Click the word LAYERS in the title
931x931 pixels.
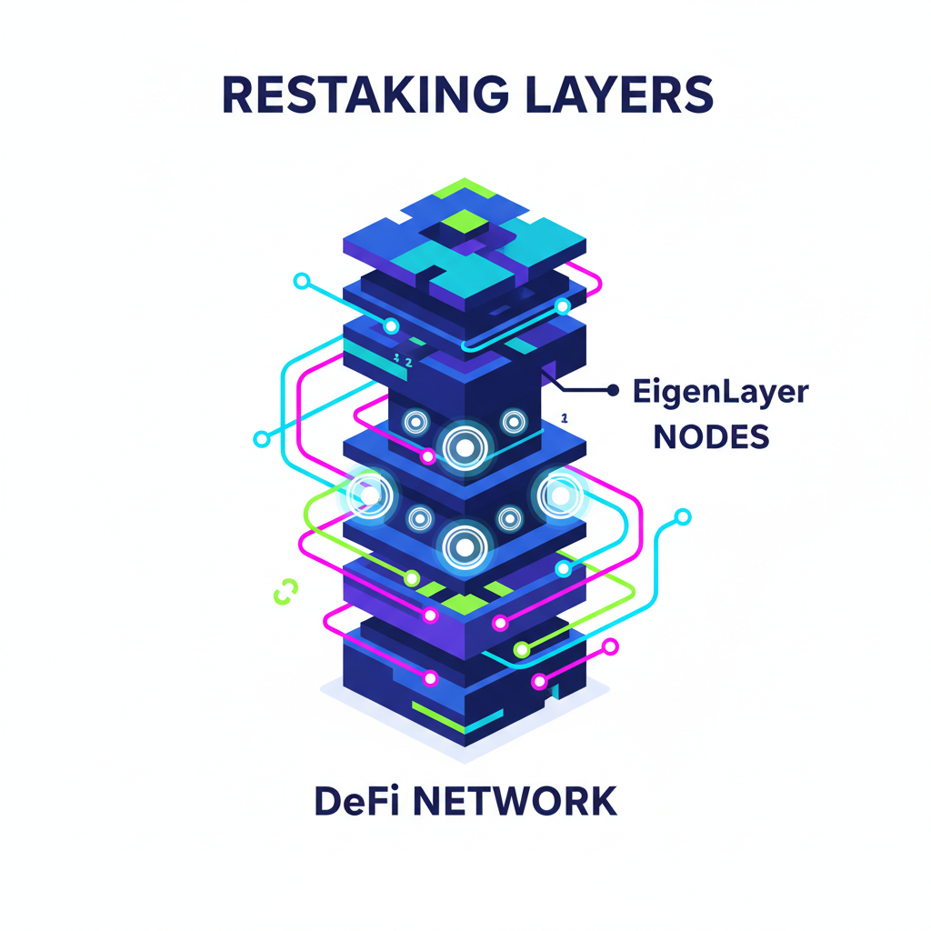coord(618,95)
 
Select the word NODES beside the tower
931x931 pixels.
coord(712,437)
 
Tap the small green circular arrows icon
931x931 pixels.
coord(285,591)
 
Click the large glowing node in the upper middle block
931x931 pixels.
coord(464,447)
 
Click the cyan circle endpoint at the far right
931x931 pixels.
coord(683,517)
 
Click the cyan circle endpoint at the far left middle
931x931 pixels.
coord(262,438)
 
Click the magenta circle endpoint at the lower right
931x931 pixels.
coord(611,646)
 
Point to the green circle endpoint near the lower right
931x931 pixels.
coord(521,650)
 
